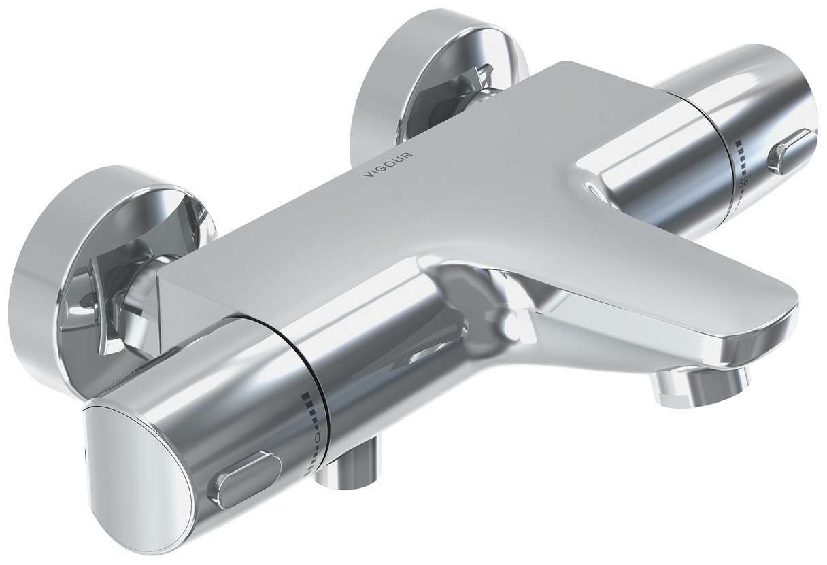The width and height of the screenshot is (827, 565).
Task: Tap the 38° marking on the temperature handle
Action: (x=745, y=183)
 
